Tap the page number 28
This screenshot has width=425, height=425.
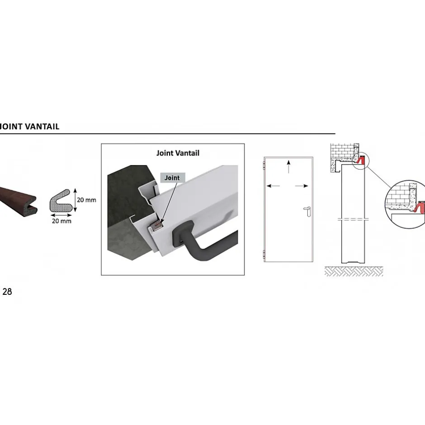pyautogui.click(x=7, y=292)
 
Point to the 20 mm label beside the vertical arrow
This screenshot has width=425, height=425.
pyautogui.click(x=87, y=200)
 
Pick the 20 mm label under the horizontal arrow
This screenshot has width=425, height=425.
pyautogui.click(x=61, y=221)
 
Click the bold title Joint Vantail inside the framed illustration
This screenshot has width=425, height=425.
pyautogui.click(x=178, y=153)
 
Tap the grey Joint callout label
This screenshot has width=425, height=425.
pyautogui.click(x=172, y=178)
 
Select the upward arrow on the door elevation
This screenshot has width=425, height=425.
pyautogui.click(x=288, y=165)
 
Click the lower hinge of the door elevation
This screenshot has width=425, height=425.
pyautogui.click(x=264, y=254)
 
